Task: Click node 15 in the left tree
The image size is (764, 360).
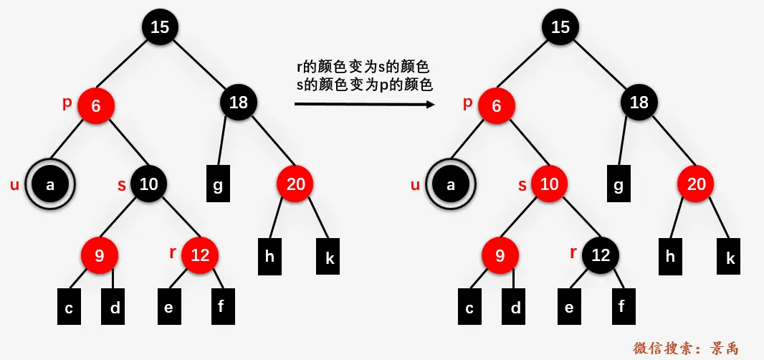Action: [x=160, y=27]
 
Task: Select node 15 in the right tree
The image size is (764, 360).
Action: [x=560, y=27]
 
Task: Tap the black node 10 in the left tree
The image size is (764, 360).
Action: [x=148, y=184]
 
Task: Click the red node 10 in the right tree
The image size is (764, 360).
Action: [x=549, y=184]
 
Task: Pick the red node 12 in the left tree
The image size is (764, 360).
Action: [x=200, y=255]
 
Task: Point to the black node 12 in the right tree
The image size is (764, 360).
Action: [x=601, y=255]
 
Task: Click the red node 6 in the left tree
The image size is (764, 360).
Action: [x=96, y=106]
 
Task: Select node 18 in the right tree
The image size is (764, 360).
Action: [x=639, y=103]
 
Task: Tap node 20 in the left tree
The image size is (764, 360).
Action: [x=295, y=184]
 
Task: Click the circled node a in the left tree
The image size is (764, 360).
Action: [x=50, y=185]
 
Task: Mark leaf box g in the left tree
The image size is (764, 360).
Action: [x=218, y=185]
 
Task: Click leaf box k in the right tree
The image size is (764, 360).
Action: [x=730, y=257]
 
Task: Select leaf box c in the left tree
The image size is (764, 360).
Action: [x=69, y=307]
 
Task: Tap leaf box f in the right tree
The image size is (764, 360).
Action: [x=622, y=306]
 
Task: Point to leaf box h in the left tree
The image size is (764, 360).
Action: [x=269, y=256]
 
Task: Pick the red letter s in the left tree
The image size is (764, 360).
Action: [x=121, y=186]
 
